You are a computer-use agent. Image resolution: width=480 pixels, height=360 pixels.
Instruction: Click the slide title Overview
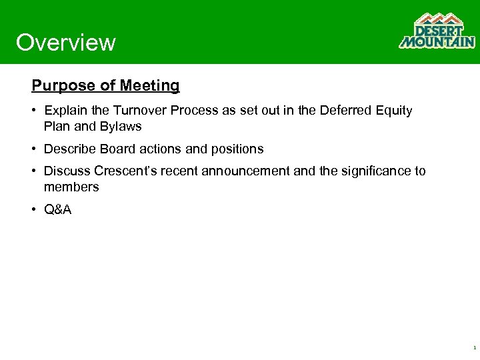(x=65, y=43)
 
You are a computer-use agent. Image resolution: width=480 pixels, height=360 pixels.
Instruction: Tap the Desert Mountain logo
(x=437, y=31)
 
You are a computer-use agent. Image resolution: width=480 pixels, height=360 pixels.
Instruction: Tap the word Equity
(x=395, y=111)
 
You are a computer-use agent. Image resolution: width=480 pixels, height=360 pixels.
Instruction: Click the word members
(x=71, y=187)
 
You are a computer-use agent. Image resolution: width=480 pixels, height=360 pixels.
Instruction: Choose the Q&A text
(x=58, y=210)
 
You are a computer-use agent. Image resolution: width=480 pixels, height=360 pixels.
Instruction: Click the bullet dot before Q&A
(x=35, y=210)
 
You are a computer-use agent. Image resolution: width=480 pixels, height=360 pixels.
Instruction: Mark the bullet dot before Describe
(x=35, y=149)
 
